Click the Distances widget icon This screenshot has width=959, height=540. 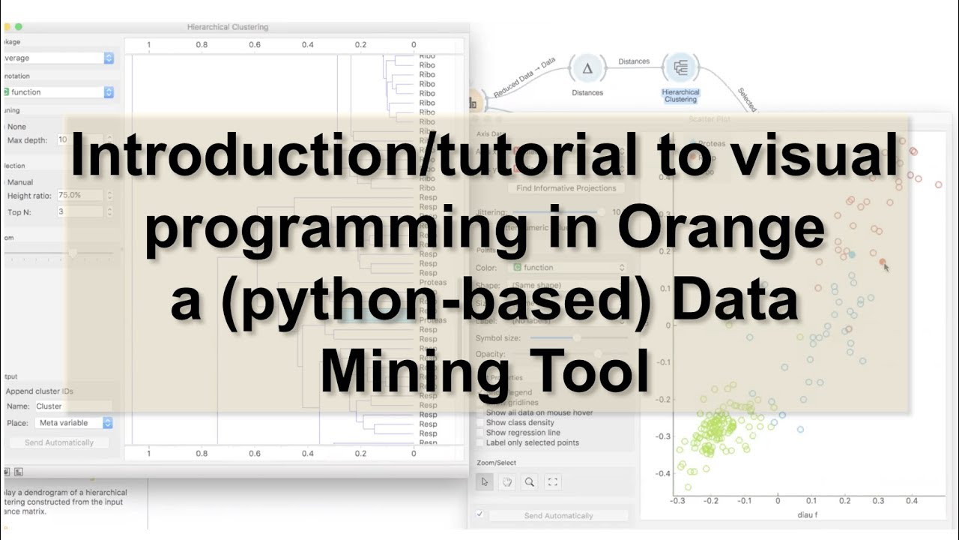[587, 69]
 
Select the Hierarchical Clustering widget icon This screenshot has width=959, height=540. [681, 69]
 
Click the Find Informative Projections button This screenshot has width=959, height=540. [566, 188]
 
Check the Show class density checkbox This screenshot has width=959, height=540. [481, 423]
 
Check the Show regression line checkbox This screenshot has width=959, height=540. [481, 433]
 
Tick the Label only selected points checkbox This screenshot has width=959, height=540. [481, 442]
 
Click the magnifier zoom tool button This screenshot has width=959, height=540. [530, 481]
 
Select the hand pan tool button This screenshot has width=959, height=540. [507, 481]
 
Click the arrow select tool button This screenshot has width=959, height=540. [485, 481]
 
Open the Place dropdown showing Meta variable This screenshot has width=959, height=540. [74, 423]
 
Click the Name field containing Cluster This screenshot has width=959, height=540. [73, 406]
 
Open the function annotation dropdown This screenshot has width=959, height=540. [58, 92]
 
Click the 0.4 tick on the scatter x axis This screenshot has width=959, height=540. [911, 500]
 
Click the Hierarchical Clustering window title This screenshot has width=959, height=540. [227, 27]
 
